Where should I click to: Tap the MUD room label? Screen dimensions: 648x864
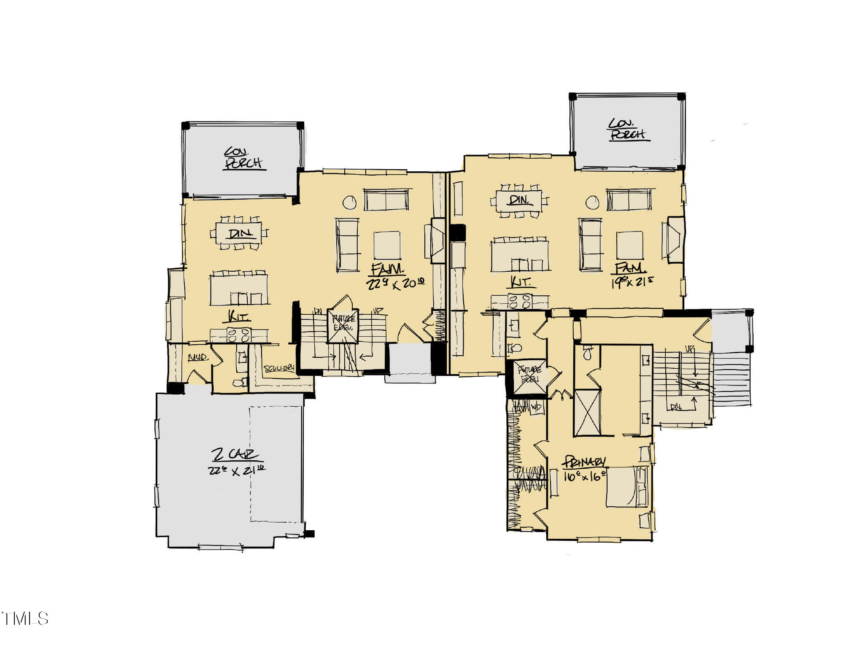[x=197, y=358]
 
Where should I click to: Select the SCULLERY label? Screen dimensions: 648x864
[x=279, y=368]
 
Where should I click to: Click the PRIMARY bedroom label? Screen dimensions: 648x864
[x=585, y=462]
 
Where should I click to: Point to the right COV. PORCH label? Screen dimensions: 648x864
[x=627, y=129]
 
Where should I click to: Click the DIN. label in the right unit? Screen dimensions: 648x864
[x=519, y=200]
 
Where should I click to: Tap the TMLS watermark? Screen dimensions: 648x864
[x=25, y=618]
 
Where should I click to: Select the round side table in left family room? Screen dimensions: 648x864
[x=349, y=202]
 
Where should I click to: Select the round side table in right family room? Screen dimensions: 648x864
[x=592, y=202]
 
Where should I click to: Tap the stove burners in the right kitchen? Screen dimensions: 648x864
[x=519, y=302]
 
